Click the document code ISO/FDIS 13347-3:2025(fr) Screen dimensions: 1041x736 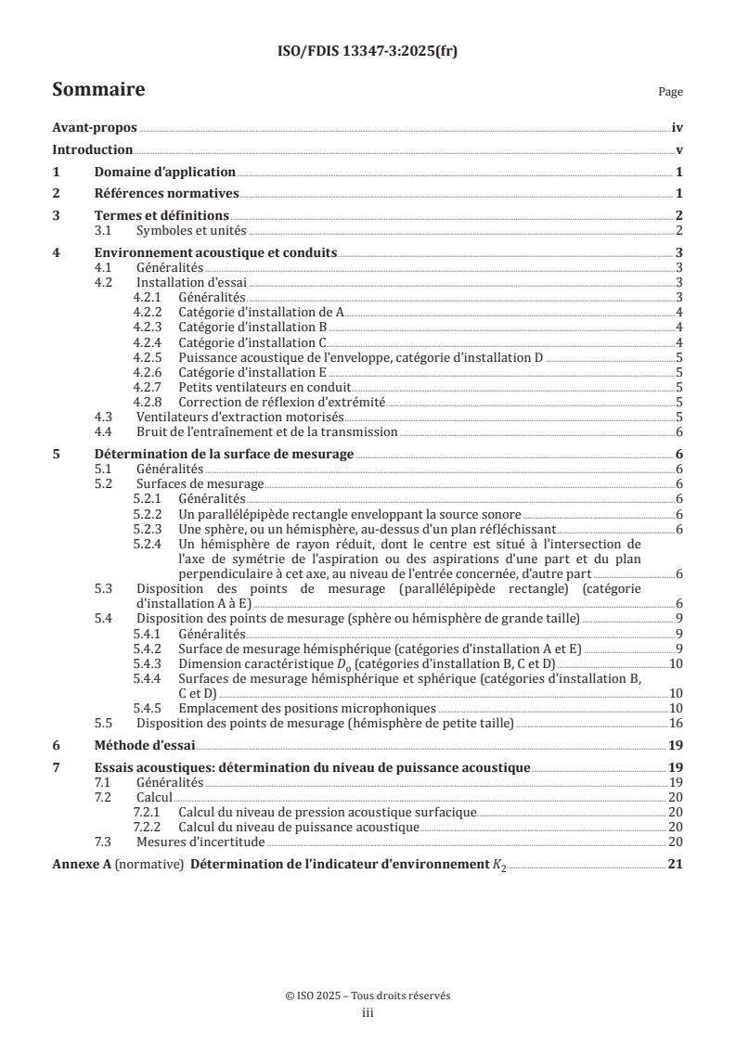(x=368, y=52)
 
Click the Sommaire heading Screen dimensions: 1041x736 (x=97, y=90)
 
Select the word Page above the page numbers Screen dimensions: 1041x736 (x=670, y=93)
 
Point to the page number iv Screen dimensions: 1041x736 (x=678, y=128)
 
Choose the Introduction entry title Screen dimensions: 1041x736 (x=92, y=149)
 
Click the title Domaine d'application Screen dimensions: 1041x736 (x=165, y=172)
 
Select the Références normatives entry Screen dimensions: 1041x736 (x=167, y=194)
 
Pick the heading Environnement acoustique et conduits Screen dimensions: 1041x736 (x=215, y=252)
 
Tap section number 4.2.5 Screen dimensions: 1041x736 (x=149, y=356)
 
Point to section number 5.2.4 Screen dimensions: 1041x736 (x=149, y=545)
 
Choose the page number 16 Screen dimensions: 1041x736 (x=677, y=723)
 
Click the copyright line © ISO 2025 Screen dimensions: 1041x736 (x=368, y=996)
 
